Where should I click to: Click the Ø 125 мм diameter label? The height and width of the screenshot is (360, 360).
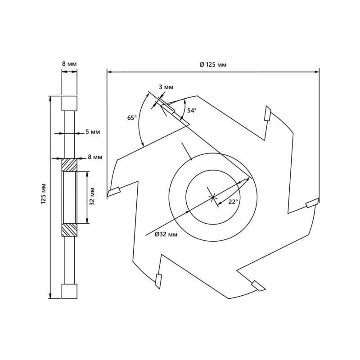click(x=213, y=65)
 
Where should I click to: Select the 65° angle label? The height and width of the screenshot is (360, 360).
click(x=132, y=118)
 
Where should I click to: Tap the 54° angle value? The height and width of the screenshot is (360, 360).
click(x=192, y=110)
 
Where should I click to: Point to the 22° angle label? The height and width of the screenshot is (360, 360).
click(x=233, y=202)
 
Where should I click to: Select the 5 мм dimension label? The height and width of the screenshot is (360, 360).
click(x=92, y=132)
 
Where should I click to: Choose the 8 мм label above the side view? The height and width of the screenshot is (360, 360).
click(x=69, y=65)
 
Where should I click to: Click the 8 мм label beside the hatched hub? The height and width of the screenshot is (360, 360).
click(x=95, y=157)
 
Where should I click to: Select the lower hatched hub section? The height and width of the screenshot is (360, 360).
click(x=69, y=229)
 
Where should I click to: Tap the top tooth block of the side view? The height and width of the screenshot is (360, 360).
click(x=69, y=103)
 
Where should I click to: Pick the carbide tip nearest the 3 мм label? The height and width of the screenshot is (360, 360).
click(x=168, y=108)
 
